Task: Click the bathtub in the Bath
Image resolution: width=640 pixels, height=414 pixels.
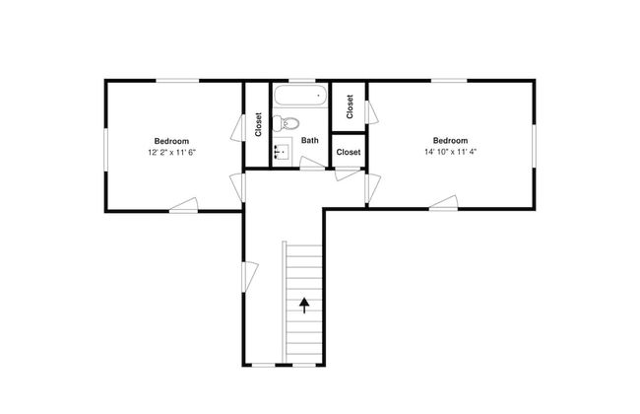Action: point(301,96)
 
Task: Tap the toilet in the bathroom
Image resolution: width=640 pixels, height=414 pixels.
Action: point(287,123)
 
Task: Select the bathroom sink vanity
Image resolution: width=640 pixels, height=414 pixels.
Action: point(283,152)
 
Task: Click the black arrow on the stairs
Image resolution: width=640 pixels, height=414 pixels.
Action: point(304,306)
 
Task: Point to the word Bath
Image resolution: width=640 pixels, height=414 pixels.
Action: point(310,140)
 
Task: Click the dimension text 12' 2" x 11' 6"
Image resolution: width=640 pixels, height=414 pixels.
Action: point(172,153)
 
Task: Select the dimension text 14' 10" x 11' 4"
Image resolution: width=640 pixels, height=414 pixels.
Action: point(450,152)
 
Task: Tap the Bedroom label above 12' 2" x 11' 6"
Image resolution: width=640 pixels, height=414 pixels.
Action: point(172,141)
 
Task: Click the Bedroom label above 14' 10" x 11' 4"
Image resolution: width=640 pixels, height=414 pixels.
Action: point(450,141)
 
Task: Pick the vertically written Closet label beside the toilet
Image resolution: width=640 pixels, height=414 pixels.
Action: point(258,124)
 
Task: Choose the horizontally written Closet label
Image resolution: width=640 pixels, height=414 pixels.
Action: point(349,152)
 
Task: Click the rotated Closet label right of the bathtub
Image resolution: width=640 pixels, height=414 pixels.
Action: point(350,106)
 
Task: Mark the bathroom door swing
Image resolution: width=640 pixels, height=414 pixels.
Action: point(313,163)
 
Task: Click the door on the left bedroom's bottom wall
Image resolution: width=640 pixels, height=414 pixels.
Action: point(184,205)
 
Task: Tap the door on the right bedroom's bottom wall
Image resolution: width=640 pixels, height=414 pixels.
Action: point(443,203)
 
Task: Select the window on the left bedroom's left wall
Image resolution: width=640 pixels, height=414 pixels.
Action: point(105,150)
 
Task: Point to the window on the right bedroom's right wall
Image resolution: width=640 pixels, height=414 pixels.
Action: point(534,146)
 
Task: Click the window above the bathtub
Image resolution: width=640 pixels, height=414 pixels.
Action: point(302,81)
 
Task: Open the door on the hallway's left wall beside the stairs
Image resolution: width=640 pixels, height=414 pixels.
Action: point(250,277)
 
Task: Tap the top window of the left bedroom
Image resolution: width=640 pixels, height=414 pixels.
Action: point(178,81)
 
